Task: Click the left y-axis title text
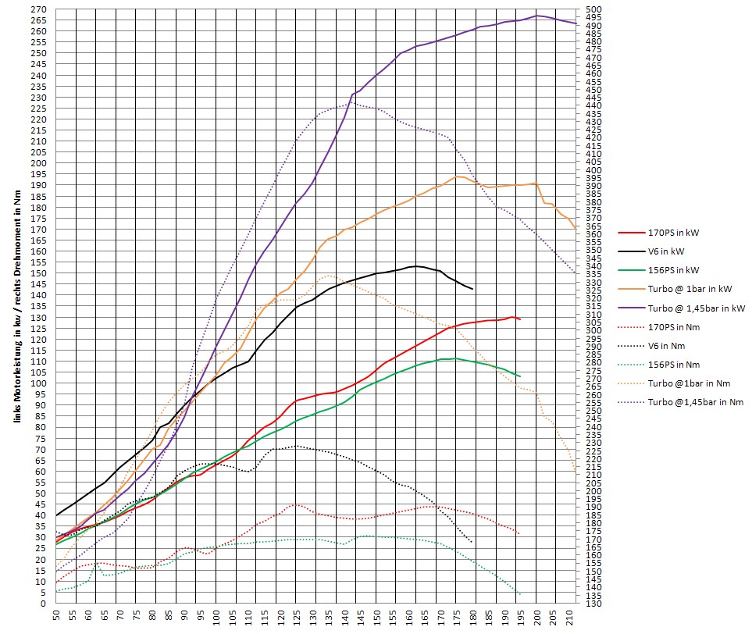(16, 312)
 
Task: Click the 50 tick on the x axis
(56, 617)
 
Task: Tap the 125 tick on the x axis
(297, 617)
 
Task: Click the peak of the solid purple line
(537, 16)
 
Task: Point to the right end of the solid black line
(472, 290)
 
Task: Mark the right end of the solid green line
(520, 376)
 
